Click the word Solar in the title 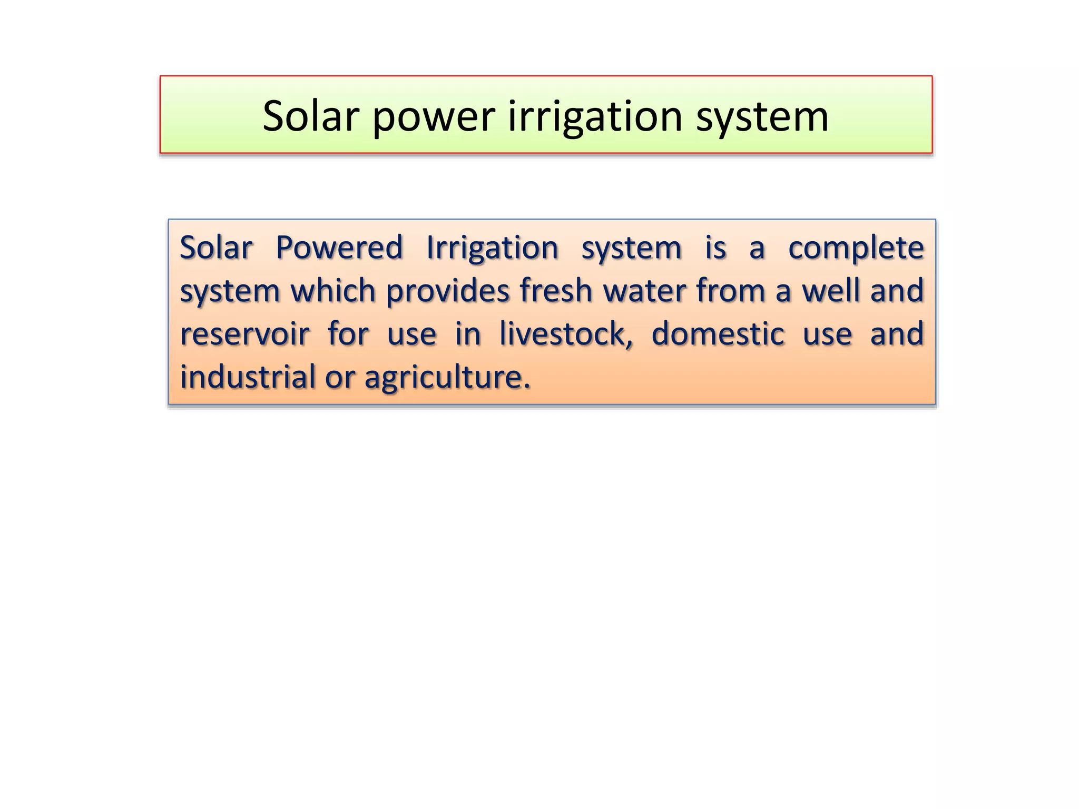tap(311, 116)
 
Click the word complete tap(856, 249)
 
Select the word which tap(333, 291)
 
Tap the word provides tap(448, 292)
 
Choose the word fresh tap(556, 291)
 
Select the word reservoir tap(245, 334)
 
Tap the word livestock tap(562, 334)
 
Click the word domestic tap(718, 334)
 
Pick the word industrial tap(248, 377)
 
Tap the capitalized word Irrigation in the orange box tap(492, 249)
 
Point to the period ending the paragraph tap(527, 388)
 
